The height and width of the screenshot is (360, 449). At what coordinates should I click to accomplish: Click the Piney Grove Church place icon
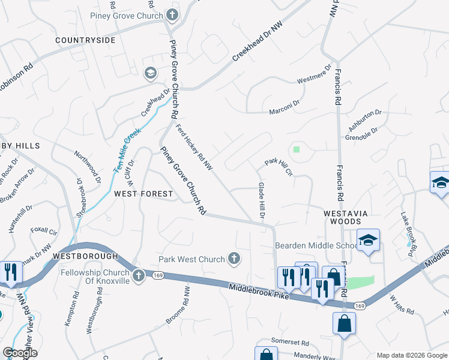tap(173, 14)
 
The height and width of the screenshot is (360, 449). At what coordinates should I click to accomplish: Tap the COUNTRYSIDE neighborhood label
tap(85, 40)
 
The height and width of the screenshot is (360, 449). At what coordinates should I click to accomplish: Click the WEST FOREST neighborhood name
tap(143, 194)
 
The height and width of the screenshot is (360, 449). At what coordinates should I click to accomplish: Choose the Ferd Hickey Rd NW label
tap(194, 146)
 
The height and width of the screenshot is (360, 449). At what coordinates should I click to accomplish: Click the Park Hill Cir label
tap(279, 167)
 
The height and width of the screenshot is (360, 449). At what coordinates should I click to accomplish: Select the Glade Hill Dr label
tap(262, 200)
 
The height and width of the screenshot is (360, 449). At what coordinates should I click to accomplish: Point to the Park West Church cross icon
tap(234, 259)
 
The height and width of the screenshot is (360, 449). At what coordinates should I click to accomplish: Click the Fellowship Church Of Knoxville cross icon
tap(138, 276)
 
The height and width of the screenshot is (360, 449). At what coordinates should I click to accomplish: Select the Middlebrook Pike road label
tap(259, 292)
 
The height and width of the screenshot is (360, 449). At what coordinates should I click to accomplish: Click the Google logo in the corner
tap(20, 353)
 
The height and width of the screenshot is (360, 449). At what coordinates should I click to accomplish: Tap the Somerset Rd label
tap(289, 343)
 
